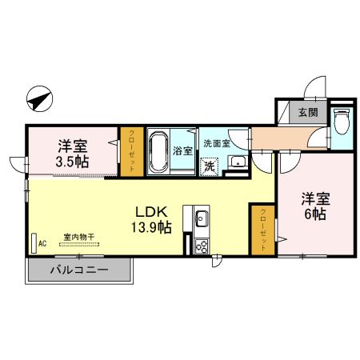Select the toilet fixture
click(342, 122)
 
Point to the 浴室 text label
click(183, 150)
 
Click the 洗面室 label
click(216, 144)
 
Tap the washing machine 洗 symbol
click(209, 166)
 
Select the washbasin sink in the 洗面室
click(237, 164)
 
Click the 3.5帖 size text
click(72, 161)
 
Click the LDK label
click(150, 212)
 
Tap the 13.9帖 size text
click(150, 227)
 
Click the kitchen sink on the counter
click(201, 217)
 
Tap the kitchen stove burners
click(201, 246)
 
